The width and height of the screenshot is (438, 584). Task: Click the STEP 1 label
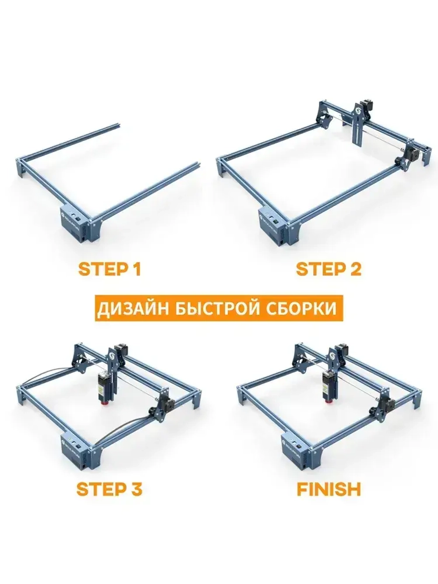tap(109, 269)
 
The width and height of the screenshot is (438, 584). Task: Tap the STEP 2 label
tap(328, 269)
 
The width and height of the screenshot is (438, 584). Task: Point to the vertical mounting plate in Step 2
tap(358, 127)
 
